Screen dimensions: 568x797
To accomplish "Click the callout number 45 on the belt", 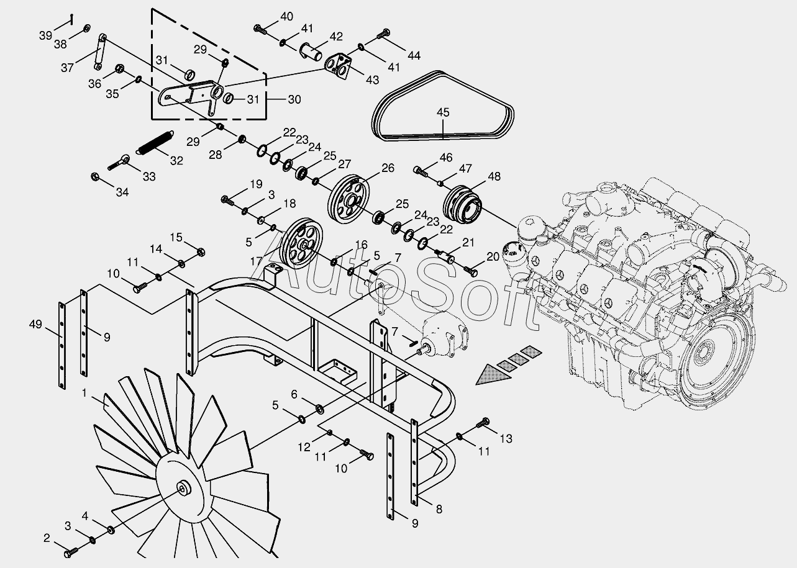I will [x=442, y=112].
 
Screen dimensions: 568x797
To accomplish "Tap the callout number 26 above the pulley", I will [x=388, y=168].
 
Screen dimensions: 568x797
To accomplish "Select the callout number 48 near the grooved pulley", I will [x=494, y=176].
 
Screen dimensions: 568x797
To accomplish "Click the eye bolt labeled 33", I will [x=120, y=163].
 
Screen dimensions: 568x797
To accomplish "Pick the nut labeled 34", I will [x=96, y=177].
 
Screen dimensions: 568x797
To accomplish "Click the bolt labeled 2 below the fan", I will [x=71, y=550].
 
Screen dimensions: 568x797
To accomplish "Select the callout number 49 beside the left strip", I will [x=36, y=323].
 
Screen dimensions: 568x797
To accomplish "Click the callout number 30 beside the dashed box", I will [x=294, y=99].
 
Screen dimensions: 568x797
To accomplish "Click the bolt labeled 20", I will [x=471, y=270].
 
